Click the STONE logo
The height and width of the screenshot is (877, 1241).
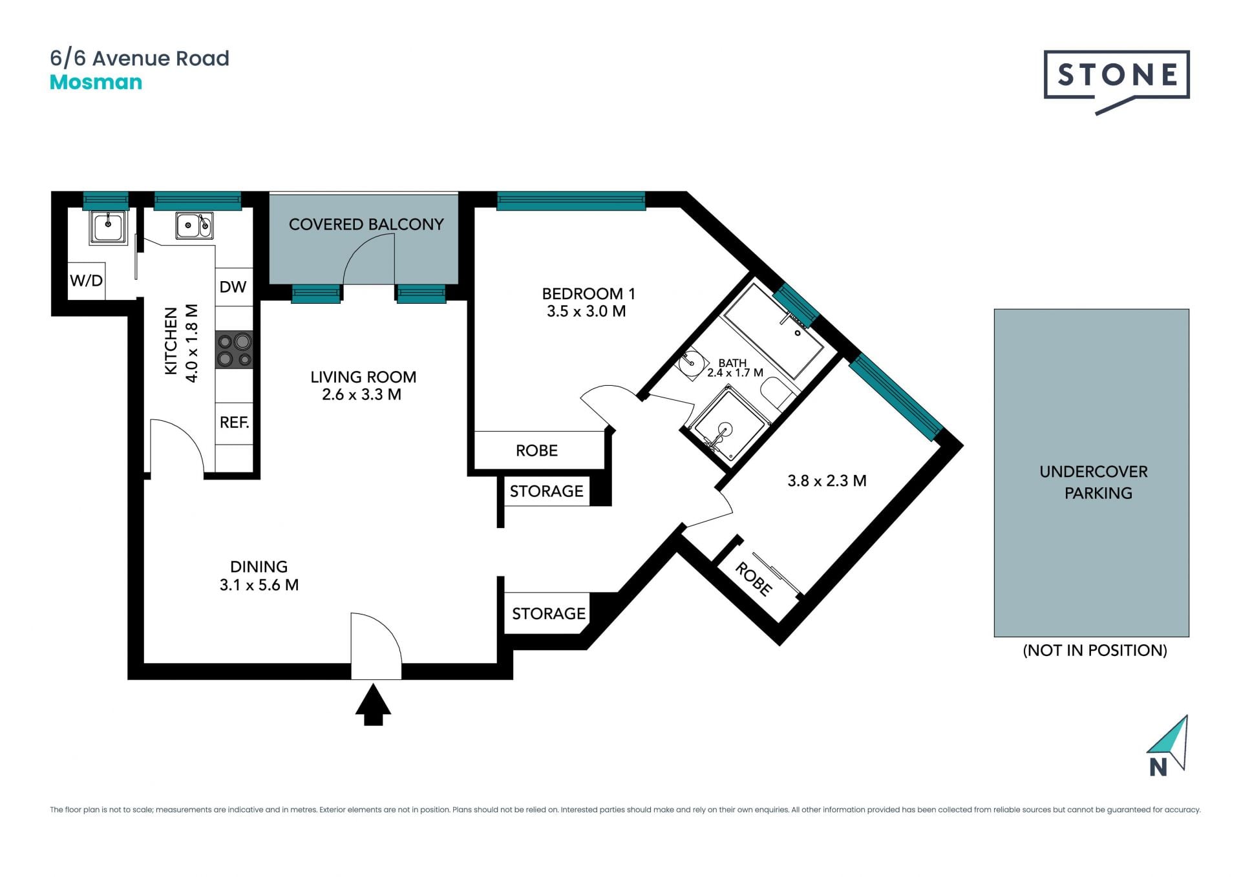1116,81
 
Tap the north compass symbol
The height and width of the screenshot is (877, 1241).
1169,746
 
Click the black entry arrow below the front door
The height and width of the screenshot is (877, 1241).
373,705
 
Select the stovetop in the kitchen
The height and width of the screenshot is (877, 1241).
234,350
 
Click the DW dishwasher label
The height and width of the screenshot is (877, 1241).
233,287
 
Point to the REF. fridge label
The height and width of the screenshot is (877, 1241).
234,423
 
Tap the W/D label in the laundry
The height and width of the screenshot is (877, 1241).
86,280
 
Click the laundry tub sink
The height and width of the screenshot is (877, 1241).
108,227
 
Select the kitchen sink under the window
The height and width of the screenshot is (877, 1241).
194,226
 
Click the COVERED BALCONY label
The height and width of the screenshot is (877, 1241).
366,224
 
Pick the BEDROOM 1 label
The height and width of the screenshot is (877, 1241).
588,293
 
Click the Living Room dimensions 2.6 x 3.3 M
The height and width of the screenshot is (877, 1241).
361,394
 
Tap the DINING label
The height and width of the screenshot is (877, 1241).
259,567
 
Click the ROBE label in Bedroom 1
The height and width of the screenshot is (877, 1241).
536,450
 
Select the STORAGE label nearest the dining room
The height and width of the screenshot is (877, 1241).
549,613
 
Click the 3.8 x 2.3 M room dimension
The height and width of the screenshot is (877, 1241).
827,481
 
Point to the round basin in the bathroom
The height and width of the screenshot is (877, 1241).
690,363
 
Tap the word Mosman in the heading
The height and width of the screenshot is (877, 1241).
96,82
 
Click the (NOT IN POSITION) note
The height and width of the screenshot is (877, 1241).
1095,650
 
